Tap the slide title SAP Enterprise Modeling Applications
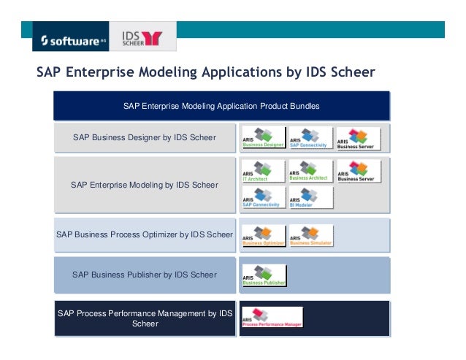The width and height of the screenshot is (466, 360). tap(206, 73)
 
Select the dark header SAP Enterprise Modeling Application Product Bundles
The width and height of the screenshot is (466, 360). tap(221, 106)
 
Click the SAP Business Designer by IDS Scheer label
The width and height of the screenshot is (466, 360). tap(144, 137)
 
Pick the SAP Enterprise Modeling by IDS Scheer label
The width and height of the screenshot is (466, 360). tap(144, 185)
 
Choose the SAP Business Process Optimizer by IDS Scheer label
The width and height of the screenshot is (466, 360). tap(144, 234)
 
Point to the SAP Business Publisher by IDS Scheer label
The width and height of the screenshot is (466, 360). tap(144, 275)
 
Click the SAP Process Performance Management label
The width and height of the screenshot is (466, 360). tap(144, 318)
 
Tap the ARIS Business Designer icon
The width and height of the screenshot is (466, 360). tap(263, 138)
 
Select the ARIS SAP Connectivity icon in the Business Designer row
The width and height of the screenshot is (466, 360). tap(310, 138)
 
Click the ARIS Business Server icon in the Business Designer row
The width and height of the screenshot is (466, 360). tap(358, 138)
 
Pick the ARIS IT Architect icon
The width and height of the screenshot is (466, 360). tap(263, 172)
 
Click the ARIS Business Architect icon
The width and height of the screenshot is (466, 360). tap(310, 172)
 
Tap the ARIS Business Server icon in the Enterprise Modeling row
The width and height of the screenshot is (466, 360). tap(358, 172)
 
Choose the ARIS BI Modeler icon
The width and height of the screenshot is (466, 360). tap(310, 198)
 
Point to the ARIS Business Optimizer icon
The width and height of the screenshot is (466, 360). tap(263, 235)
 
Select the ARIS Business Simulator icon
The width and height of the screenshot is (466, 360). tap(310, 235)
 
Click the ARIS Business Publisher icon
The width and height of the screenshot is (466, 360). tap(263, 275)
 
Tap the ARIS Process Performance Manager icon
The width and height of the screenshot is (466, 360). tap(271, 317)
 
